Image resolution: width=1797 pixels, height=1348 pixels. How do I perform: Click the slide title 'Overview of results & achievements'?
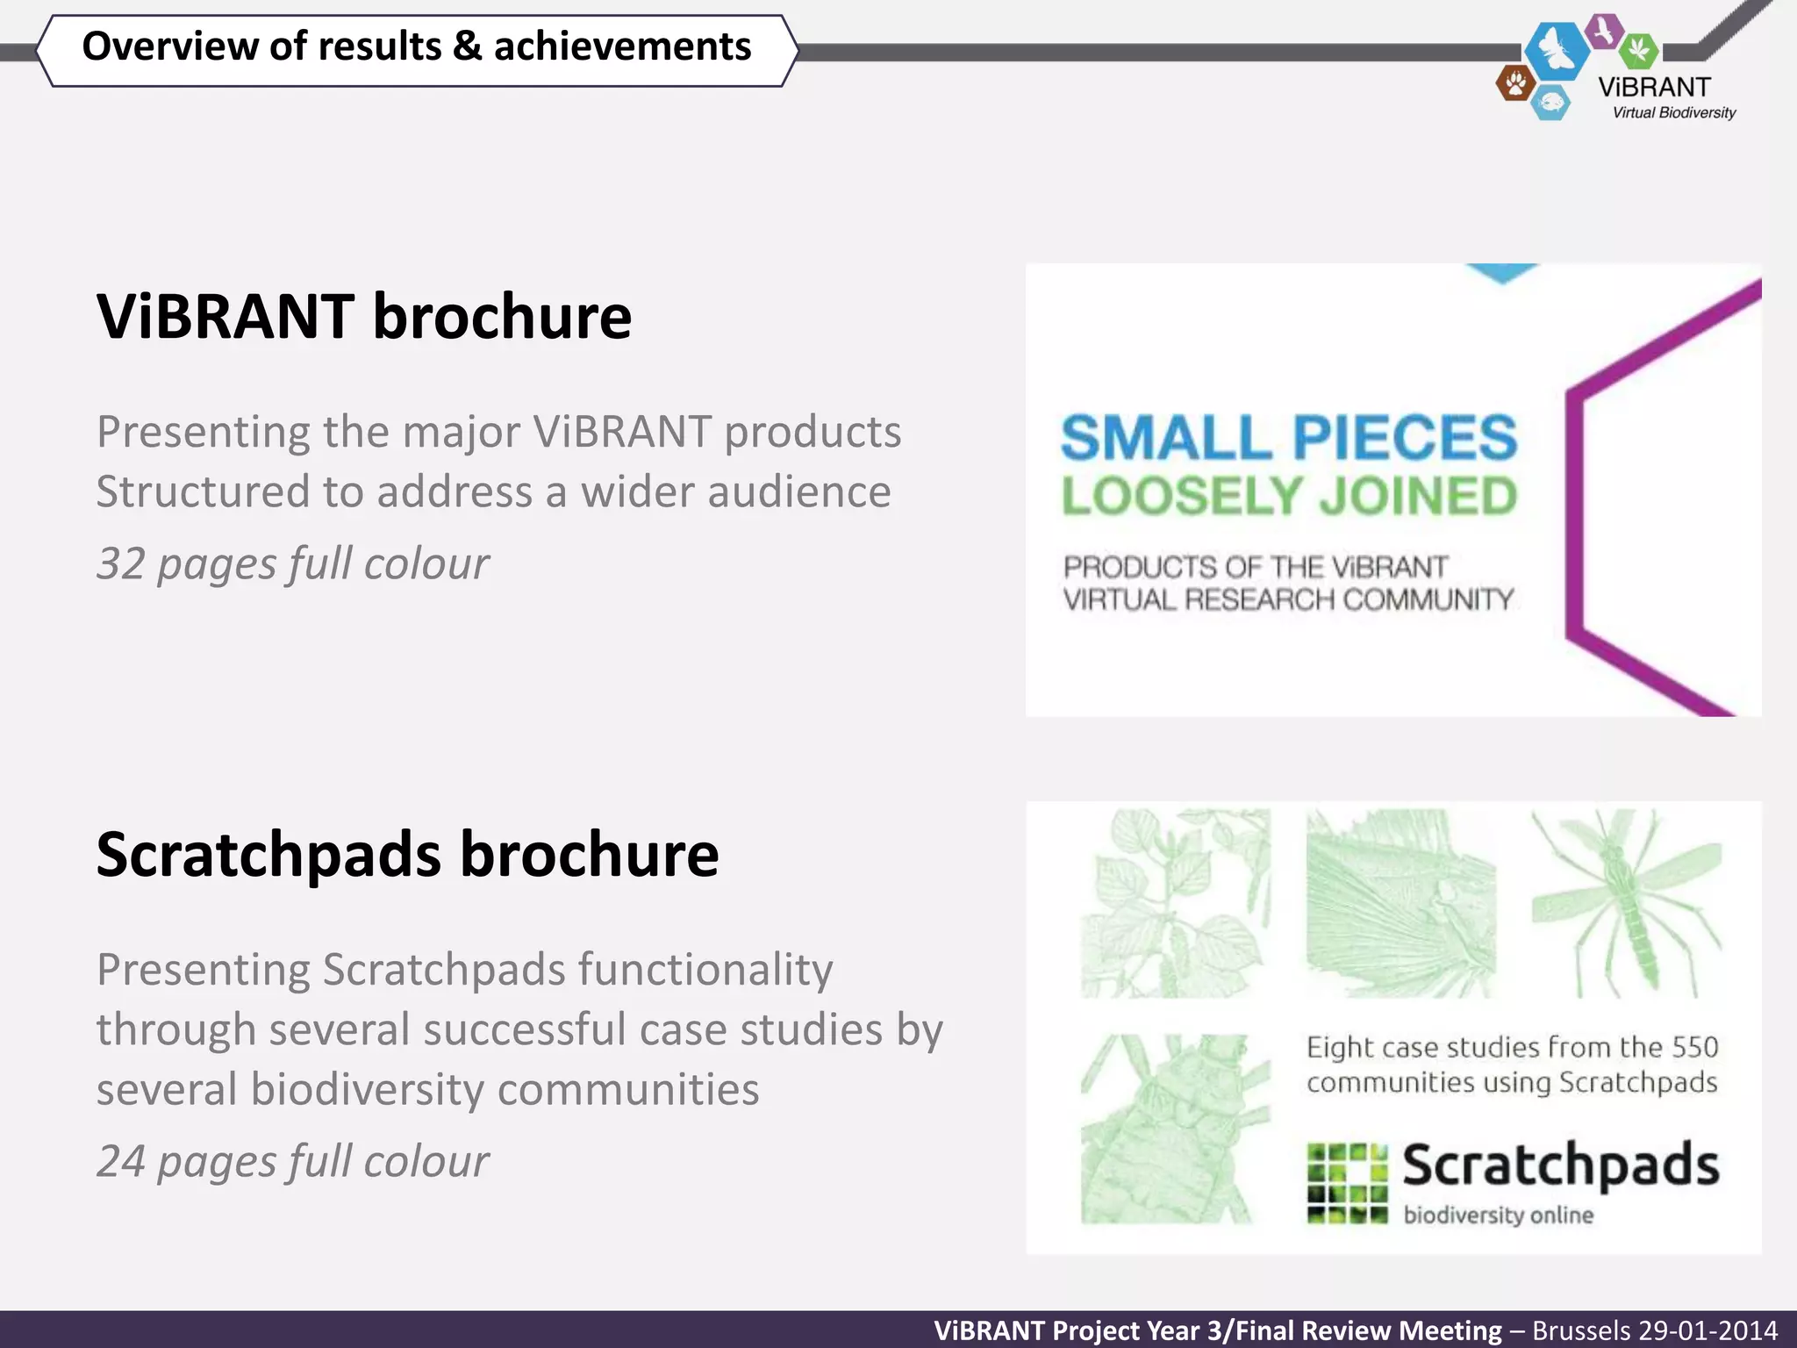click(416, 47)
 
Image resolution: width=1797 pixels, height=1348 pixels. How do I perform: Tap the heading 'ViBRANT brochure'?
click(364, 317)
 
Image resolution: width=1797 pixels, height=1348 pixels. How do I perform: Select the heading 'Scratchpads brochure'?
click(407, 855)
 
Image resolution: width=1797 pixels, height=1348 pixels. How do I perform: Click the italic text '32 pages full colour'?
click(292, 563)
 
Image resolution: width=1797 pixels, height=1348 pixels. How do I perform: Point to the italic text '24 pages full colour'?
click(292, 1162)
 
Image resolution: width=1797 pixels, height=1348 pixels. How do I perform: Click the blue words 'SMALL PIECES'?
click(1288, 438)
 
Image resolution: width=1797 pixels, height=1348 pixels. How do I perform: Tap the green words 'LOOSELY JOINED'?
click(1288, 497)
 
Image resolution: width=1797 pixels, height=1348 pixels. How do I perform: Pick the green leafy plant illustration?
click(1174, 904)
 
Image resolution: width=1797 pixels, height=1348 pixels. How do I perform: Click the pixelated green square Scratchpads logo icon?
click(1347, 1183)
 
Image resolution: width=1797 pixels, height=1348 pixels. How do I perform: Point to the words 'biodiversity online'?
click(1498, 1215)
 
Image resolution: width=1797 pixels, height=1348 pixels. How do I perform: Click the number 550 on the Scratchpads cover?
click(1694, 1047)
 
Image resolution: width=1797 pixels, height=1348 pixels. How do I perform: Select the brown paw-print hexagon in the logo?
click(1514, 84)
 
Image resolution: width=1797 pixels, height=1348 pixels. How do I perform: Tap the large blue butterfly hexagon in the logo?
click(1557, 50)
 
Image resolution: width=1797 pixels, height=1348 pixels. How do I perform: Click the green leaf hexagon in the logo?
click(1637, 50)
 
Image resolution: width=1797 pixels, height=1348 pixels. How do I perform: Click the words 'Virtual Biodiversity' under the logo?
click(1673, 113)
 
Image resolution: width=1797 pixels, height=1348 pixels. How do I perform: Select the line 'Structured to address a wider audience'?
click(493, 491)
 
